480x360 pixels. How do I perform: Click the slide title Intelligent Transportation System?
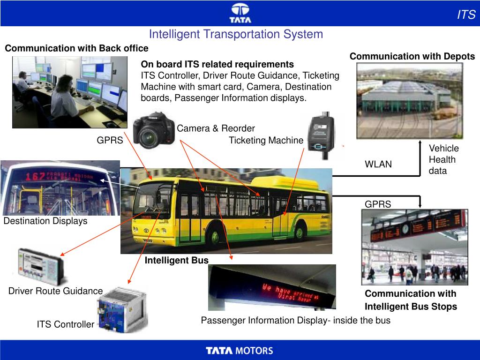pyautogui.click(x=236, y=34)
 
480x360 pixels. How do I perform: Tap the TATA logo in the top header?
pyautogui.click(x=240, y=13)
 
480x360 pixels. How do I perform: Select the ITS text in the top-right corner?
pyautogui.click(x=466, y=15)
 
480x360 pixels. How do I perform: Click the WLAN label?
pyautogui.click(x=378, y=164)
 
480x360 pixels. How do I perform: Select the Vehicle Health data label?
pyautogui.click(x=443, y=159)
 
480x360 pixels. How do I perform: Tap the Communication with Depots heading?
pyautogui.click(x=412, y=56)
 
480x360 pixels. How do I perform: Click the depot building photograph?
pyautogui.click(x=410, y=100)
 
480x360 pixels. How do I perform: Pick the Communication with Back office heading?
pyautogui.click(x=76, y=48)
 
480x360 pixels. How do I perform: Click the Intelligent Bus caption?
pyautogui.click(x=176, y=260)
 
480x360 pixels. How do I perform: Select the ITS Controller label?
pyautogui.click(x=66, y=324)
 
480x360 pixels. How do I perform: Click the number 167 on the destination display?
pyautogui.click(x=36, y=177)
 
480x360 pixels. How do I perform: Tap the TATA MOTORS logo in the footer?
pyautogui.click(x=240, y=350)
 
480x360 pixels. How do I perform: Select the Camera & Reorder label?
pyautogui.click(x=216, y=128)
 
